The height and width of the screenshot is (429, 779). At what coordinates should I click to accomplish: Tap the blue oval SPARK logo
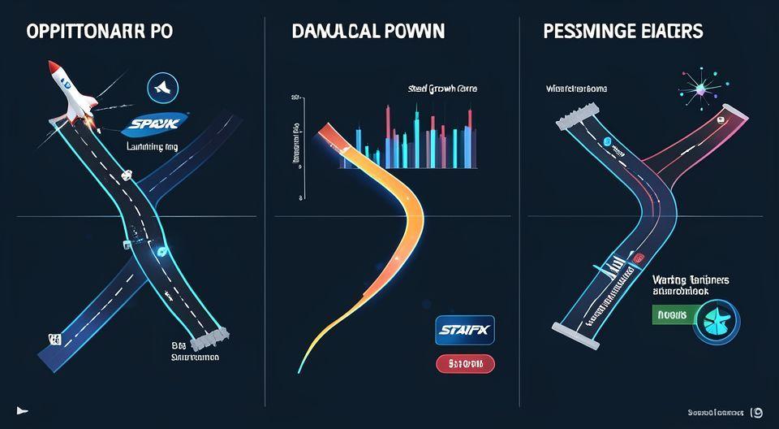click(154, 124)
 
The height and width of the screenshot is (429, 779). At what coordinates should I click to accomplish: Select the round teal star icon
click(716, 318)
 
